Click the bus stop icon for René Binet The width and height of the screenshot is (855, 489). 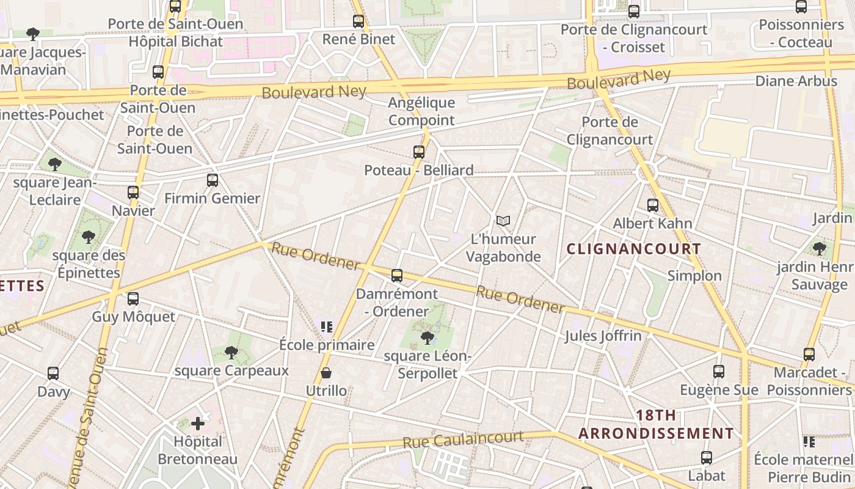click(358, 21)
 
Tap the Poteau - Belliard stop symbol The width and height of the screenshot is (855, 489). click(418, 152)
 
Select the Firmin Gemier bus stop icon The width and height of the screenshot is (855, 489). click(212, 180)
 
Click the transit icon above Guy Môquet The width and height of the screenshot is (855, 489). click(133, 299)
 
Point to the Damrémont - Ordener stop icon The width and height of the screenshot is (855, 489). click(397, 276)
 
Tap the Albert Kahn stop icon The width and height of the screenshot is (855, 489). click(652, 205)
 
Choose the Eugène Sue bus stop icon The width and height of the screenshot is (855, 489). click(719, 371)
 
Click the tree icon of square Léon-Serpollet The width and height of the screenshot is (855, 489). click(428, 337)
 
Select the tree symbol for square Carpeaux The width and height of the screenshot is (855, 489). click(231, 352)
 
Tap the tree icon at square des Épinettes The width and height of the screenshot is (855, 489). click(89, 237)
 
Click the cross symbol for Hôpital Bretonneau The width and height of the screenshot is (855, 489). click(198, 423)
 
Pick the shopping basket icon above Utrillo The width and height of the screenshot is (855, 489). click(326, 373)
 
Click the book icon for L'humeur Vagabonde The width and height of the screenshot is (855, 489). click(503, 221)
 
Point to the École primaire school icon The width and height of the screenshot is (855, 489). click(327, 327)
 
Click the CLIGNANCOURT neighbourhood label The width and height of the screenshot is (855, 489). click(634, 249)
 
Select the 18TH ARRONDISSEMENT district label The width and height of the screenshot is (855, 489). click(656, 424)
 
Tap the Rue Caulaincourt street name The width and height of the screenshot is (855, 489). click(463, 439)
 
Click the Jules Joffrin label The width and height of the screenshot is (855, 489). click(603, 336)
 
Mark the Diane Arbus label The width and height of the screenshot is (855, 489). click(796, 81)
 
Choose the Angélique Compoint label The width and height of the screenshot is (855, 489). click(422, 111)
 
